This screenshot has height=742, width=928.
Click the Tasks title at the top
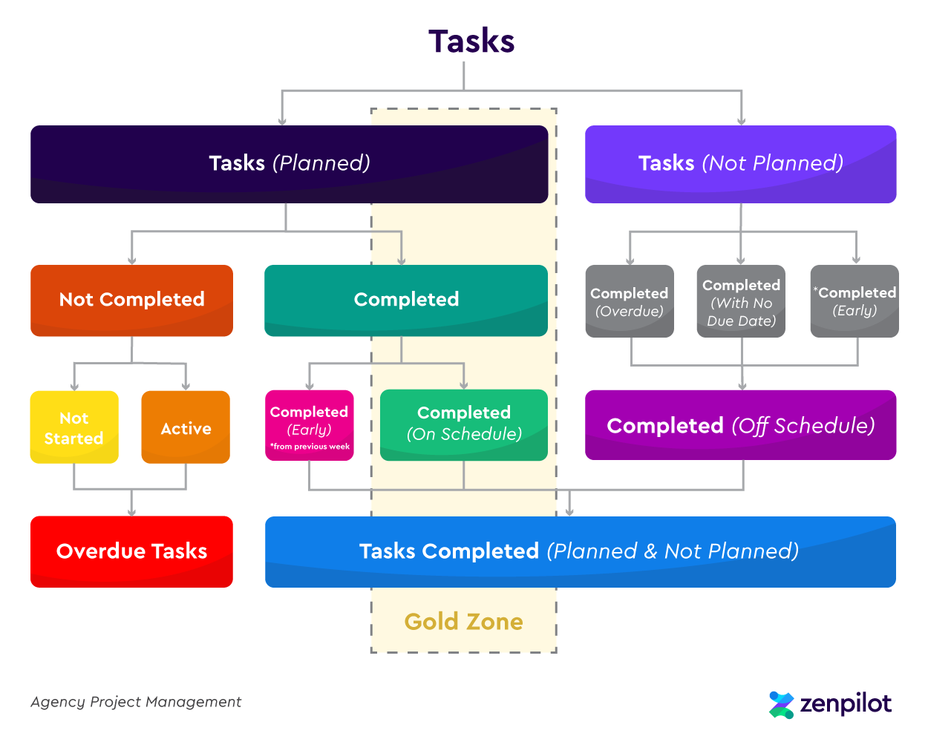tap(471, 42)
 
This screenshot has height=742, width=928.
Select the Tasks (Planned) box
tap(289, 164)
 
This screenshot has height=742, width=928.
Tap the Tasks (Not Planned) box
tap(740, 164)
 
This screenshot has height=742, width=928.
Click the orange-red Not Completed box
tap(131, 300)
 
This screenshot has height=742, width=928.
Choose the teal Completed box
tap(405, 300)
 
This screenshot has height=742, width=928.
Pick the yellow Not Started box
tap(74, 427)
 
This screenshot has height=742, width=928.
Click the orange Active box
tap(186, 427)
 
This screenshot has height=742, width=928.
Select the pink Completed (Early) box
tap(309, 420)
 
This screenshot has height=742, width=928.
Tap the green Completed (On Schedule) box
tap(463, 424)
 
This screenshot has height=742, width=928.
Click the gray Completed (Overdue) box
tap(630, 301)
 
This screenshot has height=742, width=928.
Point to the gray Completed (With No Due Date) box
tap(741, 301)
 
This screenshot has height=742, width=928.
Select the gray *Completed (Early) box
tap(855, 301)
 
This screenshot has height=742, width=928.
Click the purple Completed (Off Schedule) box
tap(740, 425)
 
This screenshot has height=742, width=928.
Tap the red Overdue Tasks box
tap(131, 551)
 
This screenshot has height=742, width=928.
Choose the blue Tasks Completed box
tap(580, 551)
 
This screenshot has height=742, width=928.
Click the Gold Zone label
tap(463, 621)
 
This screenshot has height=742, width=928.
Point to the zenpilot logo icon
tap(781, 705)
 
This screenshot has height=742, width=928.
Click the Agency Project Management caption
tap(136, 702)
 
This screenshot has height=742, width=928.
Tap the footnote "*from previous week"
tap(310, 447)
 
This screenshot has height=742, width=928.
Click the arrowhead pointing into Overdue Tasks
tap(132, 511)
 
